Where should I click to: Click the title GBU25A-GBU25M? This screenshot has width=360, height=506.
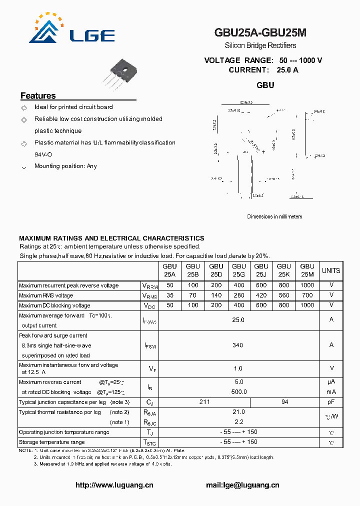coord(260,33)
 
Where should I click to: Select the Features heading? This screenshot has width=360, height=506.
coord(38,96)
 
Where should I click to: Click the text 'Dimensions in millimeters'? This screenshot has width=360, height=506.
coord(274,216)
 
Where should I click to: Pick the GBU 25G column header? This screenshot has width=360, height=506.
coord(238,270)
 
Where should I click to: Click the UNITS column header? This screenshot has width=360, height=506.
coord(330,270)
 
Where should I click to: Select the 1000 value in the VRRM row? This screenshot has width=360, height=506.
coord(307,285)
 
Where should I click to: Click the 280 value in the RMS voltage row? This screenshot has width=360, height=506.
coord(238,295)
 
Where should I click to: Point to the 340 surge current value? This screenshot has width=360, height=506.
coord(238,345)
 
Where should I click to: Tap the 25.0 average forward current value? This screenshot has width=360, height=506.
coord(238,319)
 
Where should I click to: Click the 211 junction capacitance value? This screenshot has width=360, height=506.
coord(204,402)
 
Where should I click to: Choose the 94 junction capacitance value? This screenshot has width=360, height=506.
coord(284,402)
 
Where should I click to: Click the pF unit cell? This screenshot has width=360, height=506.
coord(331,402)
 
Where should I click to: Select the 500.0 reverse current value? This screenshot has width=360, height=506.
coord(238,391)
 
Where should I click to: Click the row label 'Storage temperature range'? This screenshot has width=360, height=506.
coord(52,442)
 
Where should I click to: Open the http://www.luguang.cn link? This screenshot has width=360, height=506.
coord(114,485)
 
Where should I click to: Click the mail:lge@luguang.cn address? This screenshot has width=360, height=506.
coord(242,485)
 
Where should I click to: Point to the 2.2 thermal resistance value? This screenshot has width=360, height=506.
coord(238,422)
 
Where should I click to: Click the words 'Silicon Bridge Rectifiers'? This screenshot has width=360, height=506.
coord(260,45)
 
